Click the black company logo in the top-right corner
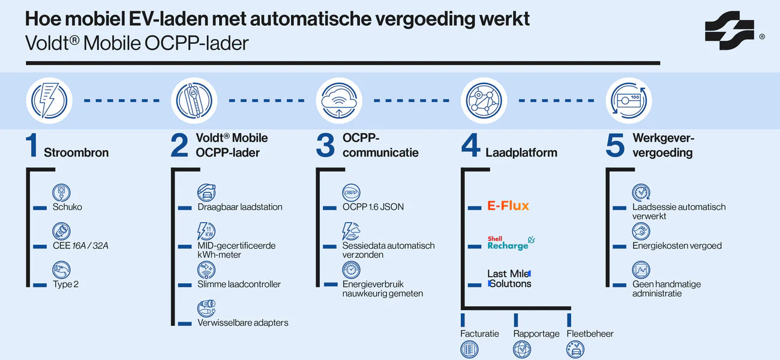pos(729,31)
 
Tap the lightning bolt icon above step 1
pos(49,100)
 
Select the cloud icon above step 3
pos(339,100)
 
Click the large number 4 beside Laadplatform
pos(471,146)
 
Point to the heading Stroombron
pos(76,152)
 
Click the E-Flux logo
pos(508,206)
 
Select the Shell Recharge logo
pos(511,243)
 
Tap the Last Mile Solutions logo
pos(509,278)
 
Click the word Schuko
pos(67,207)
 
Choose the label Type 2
pos(66,284)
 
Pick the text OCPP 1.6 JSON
pos(373,207)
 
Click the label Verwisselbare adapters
pos(243,323)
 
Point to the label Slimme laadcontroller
pos(239,284)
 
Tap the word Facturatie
pos(479,334)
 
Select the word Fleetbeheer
pos(590,334)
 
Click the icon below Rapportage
pos(522,349)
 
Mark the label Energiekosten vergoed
pos(677,245)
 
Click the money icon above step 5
pos(628,100)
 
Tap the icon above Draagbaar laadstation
pos(206,193)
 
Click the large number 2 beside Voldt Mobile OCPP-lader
pos(179,146)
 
